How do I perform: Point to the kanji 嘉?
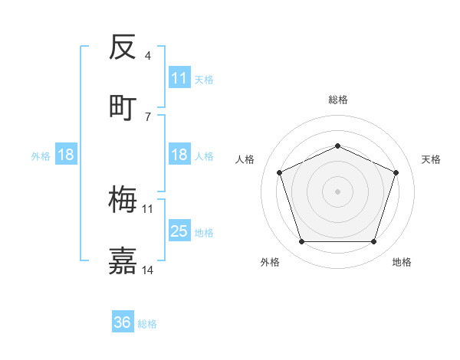[123, 260]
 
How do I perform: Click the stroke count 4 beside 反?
[148, 56]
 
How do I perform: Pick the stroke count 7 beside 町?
[148, 116]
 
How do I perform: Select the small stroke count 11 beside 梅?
[148, 208]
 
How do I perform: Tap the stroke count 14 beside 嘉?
[148, 270]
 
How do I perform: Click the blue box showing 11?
[179, 78]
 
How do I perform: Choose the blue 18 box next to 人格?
[179, 155]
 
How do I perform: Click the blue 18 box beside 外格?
[66, 155]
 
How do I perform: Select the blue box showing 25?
[179, 231]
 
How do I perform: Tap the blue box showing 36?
[123, 322]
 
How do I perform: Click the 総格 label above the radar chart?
[337, 100]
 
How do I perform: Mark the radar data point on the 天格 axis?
[396, 172]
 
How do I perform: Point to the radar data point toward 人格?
[279, 172]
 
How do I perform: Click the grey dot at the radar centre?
[337, 191]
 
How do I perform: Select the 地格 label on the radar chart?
[402, 262]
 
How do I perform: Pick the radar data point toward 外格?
[301, 242]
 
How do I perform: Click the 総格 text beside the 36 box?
[147, 324]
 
